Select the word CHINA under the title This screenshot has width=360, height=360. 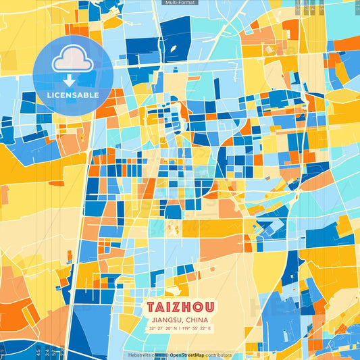pos(196,319)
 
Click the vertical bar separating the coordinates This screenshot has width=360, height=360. pos(180,328)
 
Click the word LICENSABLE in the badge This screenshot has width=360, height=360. pos(73,95)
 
